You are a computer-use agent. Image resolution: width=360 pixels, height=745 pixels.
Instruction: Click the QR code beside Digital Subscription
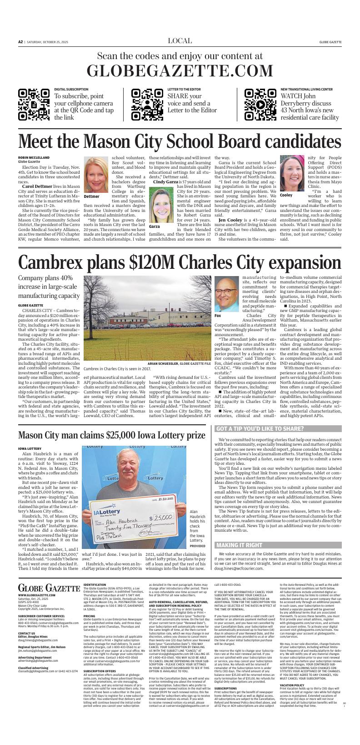tap(34, 105)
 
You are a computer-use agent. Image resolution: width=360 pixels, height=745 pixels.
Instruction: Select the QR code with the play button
tap(260, 105)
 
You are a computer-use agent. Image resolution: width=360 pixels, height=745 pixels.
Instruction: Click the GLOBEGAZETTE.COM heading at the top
tap(180, 71)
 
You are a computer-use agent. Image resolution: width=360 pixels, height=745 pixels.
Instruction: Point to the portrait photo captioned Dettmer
tap(96, 175)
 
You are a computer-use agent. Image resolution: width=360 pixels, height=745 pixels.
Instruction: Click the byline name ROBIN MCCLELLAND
tap(34, 157)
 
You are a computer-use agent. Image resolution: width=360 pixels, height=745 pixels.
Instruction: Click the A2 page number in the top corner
tap(20, 42)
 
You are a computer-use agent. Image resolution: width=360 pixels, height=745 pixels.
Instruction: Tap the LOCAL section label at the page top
tap(180, 41)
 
